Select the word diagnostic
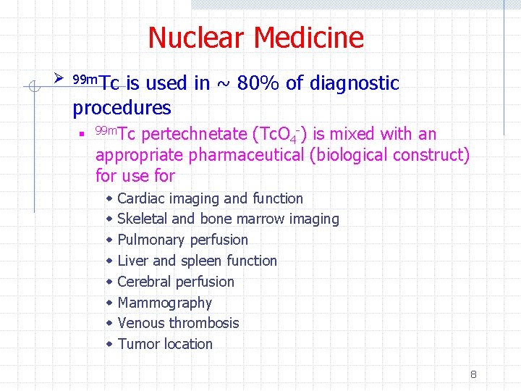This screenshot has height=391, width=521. coord(354,83)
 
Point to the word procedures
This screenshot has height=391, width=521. coord(122,108)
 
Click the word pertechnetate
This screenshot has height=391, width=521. coord(195,134)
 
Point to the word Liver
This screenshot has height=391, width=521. coord(132,261)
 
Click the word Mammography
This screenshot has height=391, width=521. coord(164,303)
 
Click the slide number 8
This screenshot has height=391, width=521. coord(473,374)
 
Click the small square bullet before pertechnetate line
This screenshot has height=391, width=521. coord(84,135)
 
